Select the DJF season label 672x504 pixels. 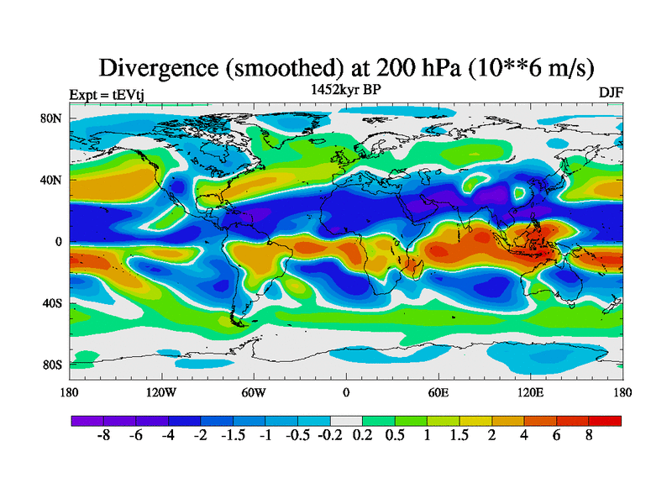coord(610,92)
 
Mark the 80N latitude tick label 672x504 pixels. coord(52,118)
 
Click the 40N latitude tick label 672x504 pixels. coord(52,180)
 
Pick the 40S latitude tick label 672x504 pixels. coord(52,303)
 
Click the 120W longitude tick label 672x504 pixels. coord(161,392)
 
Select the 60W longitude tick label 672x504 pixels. coord(254,392)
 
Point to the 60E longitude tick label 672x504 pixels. coord(438,392)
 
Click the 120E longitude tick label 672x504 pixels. coord(530,392)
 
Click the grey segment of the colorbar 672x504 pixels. coord(346,421)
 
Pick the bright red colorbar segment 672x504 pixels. coord(605,421)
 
